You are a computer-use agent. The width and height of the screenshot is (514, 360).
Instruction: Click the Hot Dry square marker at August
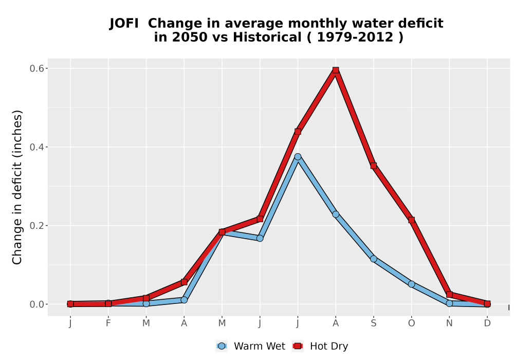(x=335, y=70)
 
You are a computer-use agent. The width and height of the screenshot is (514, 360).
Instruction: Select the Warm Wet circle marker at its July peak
(x=298, y=157)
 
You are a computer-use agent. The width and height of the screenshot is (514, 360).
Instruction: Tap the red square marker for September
(x=373, y=166)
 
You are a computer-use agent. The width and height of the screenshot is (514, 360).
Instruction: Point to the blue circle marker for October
(x=411, y=284)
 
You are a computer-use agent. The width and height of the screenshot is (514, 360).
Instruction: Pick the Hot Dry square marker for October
(x=411, y=220)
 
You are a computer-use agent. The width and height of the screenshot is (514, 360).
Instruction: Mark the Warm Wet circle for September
(x=373, y=259)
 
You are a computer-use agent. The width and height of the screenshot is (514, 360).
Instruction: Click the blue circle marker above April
(x=184, y=300)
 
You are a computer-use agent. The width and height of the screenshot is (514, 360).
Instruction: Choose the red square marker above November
(x=449, y=294)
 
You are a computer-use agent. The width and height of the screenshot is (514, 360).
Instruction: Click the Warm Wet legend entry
(x=251, y=346)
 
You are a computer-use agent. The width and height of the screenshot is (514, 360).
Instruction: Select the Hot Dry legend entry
(x=320, y=346)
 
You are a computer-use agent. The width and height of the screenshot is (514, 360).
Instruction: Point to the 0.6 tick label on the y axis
(x=37, y=68)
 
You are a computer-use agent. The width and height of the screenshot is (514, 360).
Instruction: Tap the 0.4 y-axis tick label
(x=37, y=147)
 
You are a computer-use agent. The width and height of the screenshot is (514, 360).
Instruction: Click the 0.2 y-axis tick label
(x=37, y=226)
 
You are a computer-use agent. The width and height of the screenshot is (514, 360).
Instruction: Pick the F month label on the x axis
(x=108, y=323)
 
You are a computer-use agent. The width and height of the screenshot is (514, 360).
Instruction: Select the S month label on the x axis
(x=373, y=323)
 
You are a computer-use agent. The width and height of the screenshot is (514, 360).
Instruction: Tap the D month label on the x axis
(x=487, y=323)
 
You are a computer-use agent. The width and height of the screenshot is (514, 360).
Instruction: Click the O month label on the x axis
(x=411, y=323)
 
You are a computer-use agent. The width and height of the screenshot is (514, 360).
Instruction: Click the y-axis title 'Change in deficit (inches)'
(x=17, y=187)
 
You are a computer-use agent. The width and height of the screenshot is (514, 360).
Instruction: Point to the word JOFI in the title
(x=124, y=24)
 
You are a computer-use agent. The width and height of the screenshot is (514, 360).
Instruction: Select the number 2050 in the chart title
(x=190, y=38)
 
